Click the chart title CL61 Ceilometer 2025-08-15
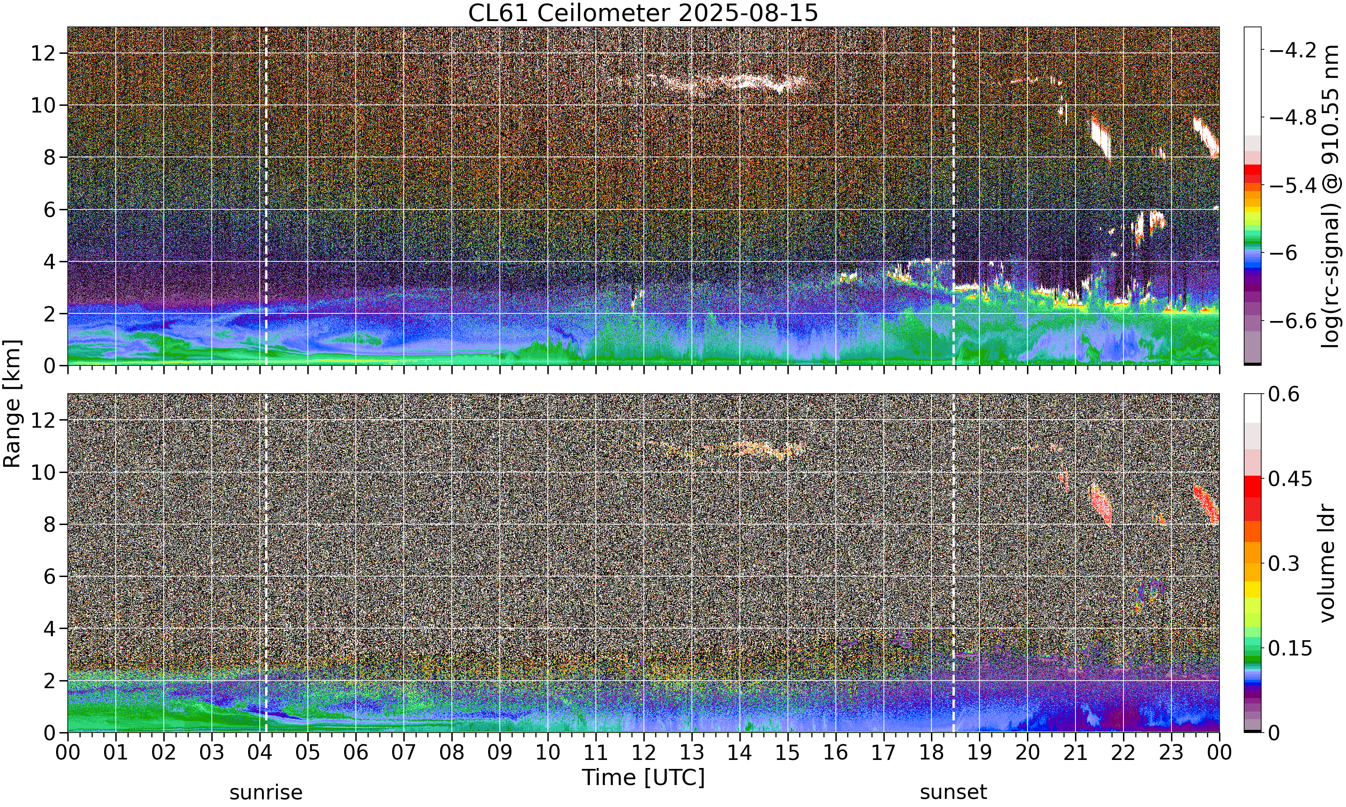tap(642, 13)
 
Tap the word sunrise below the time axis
tap(266, 792)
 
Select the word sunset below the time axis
tap(953, 792)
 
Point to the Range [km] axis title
tap(12, 403)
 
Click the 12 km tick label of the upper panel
tap(43, 53)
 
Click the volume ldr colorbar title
tap(1328, 564)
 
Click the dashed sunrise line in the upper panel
tap(266, 196)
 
